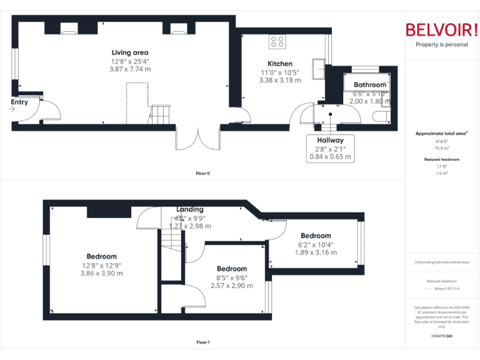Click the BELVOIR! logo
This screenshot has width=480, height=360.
click(x=441, y=30)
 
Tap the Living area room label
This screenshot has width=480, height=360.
click(x=130, y=52)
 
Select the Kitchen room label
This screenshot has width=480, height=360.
click(x=279, y=64)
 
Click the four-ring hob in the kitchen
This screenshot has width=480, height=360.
click(x=277, y=42)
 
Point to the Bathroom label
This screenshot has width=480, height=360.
click(x=370, y=85)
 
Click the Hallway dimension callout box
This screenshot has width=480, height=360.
click(x=330, y=149)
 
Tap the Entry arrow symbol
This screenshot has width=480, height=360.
click(x=12, y=109)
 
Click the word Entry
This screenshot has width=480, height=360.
click(x=19, y=102)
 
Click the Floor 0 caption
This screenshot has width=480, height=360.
click(x=202, y=173)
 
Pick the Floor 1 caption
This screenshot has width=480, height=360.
click(x=202, y=342)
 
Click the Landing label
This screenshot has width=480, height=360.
click(x=190, y=209)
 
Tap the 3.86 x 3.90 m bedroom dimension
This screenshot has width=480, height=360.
click(x=101, y=273)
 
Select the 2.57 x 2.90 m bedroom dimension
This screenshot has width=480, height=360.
click(x=232, y=286)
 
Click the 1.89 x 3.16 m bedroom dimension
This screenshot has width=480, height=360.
click(x=316, y=252)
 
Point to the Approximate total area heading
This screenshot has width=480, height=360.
click(x=441, y=134)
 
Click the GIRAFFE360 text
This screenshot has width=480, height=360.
click(x=441, y=336)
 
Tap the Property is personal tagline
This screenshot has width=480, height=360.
click(x=441, y=44)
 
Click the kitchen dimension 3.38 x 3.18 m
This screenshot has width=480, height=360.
click(x=279, y=80)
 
